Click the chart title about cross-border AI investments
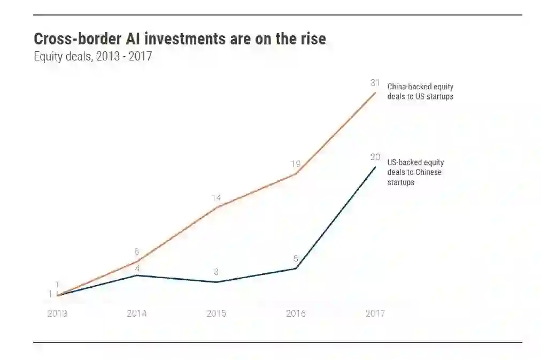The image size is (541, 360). pos(180,39)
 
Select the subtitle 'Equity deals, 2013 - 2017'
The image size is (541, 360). pos(93,56)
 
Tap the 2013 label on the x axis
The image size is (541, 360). pos(57,313)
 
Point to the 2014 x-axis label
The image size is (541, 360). pos(137,313)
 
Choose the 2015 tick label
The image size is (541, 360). pos(216,313)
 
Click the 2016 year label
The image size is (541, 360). pos(296,313)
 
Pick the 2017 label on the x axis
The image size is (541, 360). pos(375,313)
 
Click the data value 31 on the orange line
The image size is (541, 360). pos(375,83)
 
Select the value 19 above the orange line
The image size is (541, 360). pos(296,164)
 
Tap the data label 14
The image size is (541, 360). pos(216,198)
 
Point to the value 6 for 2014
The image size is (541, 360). pos(137,252)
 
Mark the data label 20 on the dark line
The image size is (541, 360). pos(375,157)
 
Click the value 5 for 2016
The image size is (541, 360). pos(296,259)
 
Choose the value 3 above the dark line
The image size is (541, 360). pos(216,272)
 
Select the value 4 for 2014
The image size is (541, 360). pos(137,268)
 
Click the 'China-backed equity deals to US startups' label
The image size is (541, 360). pos(420,91)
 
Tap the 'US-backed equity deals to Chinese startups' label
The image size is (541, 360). pos(415,172)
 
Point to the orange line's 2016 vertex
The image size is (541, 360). pos(296,174)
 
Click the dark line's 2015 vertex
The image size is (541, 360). pos(216,282)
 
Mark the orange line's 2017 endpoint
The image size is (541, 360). pos(375,93)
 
